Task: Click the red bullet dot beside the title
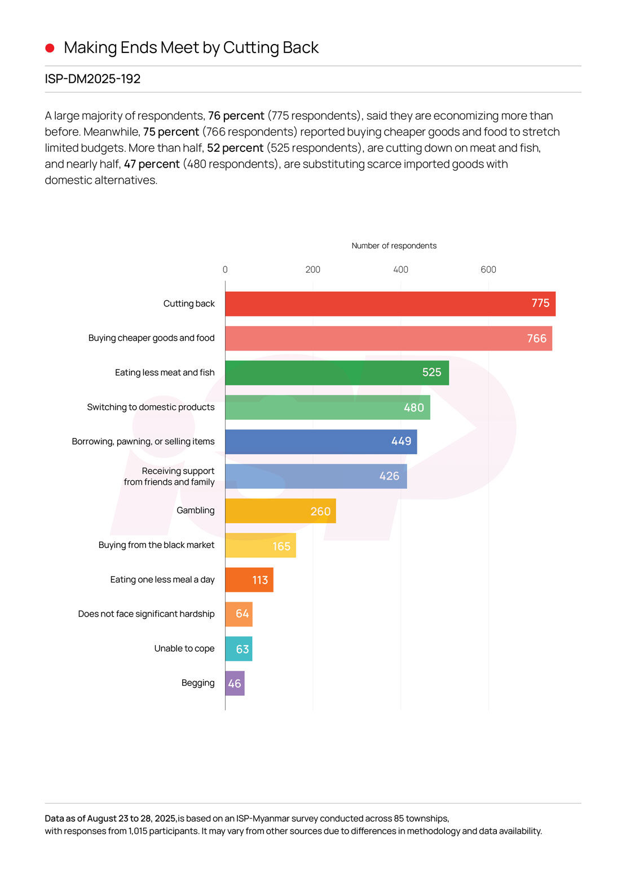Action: (x=50, y=48)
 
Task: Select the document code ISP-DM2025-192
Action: (x=92, y=79)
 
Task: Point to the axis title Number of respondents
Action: (x=394, y=245)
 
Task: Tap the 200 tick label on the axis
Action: (x=312, y=270)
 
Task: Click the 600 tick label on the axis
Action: (x=488, y=270)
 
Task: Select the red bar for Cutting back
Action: (x=389, y=304)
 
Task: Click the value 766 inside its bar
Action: (x=536, y=339)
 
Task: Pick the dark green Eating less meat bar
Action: (x=336, y=373)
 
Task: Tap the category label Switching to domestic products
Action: (x=151, y=407)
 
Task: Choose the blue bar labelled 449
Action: (x=320, y=442)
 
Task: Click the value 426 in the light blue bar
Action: (x=389, y=476)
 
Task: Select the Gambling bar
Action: (x=280, y=511)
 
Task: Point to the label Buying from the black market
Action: (x=156, y=545)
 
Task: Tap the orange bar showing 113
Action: (x=249, y=580)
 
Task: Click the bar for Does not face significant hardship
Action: (x=239, y=614)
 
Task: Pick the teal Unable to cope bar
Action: (x=238, y=649)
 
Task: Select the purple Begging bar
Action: (x=235, y=683)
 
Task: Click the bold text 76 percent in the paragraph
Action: (x=236, y=116)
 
